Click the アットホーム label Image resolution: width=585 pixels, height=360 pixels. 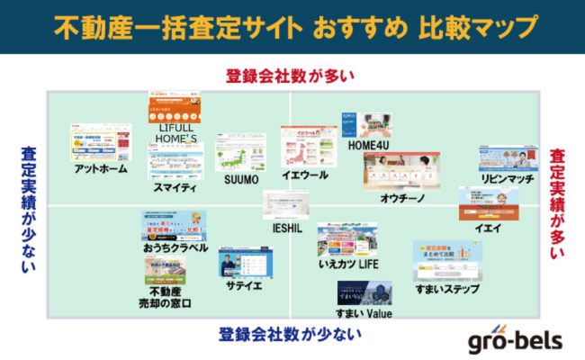pos(101,168)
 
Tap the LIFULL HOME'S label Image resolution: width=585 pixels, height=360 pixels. pos(176,134)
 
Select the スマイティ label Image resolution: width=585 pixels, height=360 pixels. pos(175,187)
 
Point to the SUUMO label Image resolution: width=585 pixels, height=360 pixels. pos(240,179)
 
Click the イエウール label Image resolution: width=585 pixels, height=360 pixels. pos(304,175)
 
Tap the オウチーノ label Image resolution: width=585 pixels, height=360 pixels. pos(402,197)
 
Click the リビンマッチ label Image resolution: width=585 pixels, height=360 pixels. pos(507,178)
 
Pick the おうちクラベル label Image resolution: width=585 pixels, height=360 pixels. pos(175,247)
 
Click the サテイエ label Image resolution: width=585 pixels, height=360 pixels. pos(244,286)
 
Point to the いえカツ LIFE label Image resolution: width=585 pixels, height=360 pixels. pos(348,263)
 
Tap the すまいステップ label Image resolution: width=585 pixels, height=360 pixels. pos(447,289)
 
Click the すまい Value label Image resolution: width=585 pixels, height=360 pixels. pos(364,313)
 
